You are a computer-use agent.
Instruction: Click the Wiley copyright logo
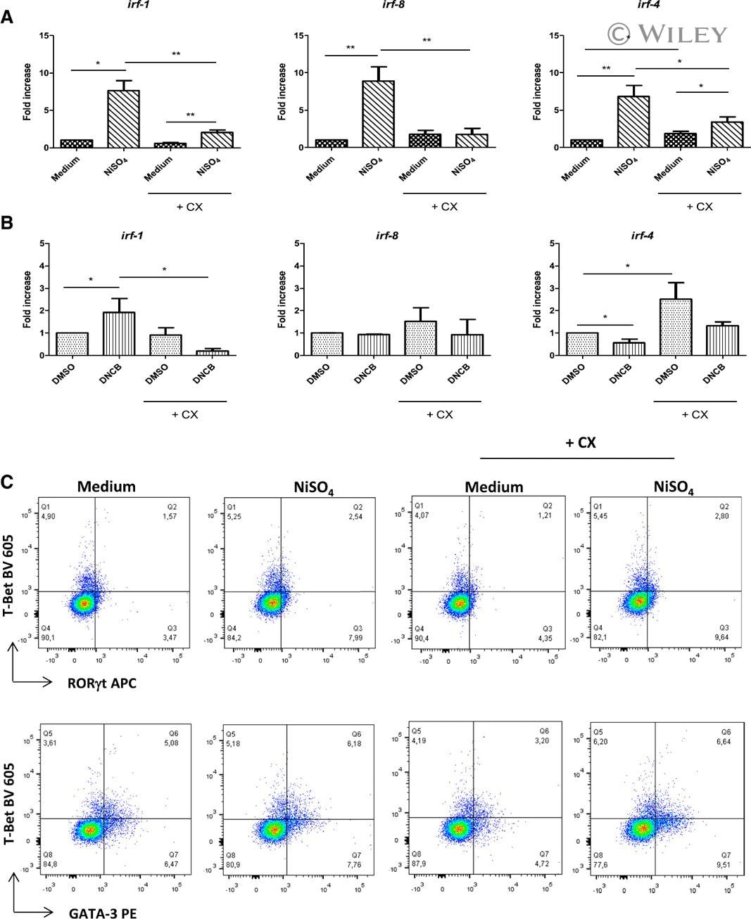click(667, 34)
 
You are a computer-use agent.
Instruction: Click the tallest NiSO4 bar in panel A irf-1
click(124, 118)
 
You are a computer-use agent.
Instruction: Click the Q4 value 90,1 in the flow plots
click(48, 638)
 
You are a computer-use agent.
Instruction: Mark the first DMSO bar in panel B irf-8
click(327, 344)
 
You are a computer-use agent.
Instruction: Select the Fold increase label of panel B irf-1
click(27, 300)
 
